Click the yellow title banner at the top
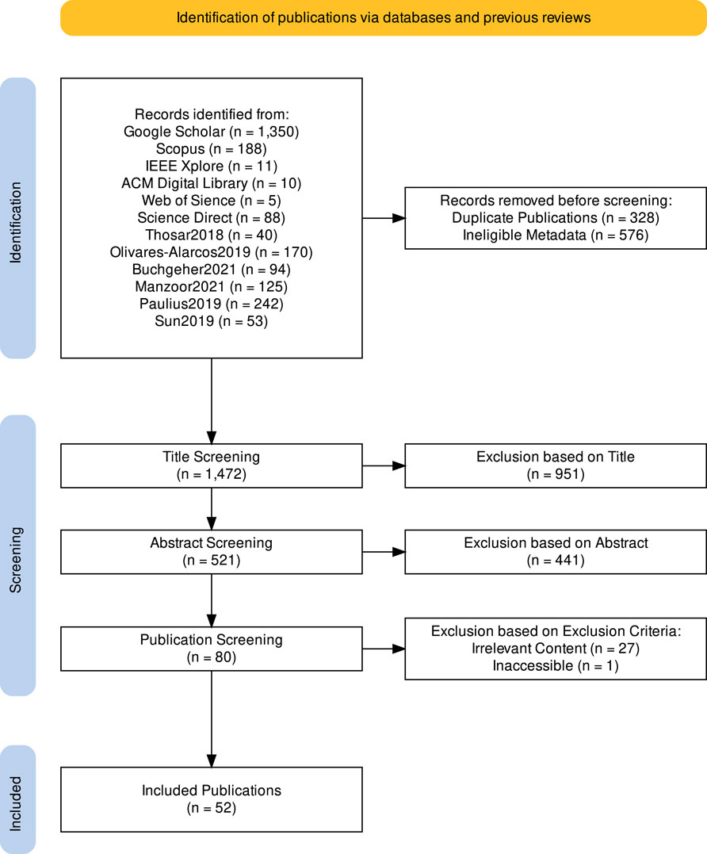(383, 17)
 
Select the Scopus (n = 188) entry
(212, 148)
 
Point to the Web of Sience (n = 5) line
(212, 200)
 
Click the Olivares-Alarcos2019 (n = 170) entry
(212, 252)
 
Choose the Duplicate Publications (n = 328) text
(555, 217)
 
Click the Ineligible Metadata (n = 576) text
(555, 235)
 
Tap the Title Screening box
(212, 466)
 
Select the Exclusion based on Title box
(555, 466)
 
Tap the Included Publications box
(212, 799)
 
